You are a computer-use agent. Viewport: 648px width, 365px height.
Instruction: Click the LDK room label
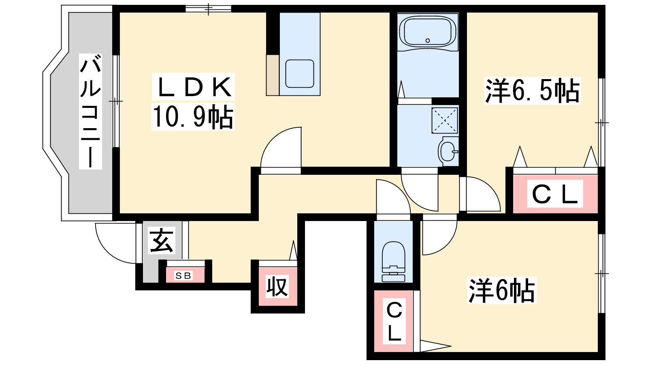[193, 87]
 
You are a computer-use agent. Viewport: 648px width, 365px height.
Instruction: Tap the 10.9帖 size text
[193, 117]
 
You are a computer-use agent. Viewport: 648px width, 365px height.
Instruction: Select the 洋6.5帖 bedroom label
[532, 90]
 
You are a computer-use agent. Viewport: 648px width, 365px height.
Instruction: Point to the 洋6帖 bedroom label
[501, 290]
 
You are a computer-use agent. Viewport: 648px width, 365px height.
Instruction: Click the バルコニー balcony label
[90, 111]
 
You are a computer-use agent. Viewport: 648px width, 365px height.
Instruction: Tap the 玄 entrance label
[161, 240]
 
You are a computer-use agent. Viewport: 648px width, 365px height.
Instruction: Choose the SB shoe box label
[183, 276]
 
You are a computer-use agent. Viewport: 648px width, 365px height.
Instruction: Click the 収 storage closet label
[277, 287]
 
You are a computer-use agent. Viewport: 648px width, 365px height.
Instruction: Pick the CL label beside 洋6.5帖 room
[554, 194]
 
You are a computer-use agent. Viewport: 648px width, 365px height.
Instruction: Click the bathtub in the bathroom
[428, 32]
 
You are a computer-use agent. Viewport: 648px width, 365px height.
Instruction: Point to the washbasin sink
[448, 150]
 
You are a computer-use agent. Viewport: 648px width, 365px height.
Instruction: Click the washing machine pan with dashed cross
[445, 120]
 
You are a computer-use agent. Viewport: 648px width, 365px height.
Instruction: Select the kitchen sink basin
[300, 73]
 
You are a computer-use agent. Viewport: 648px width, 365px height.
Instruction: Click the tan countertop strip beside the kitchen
[273, 75]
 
